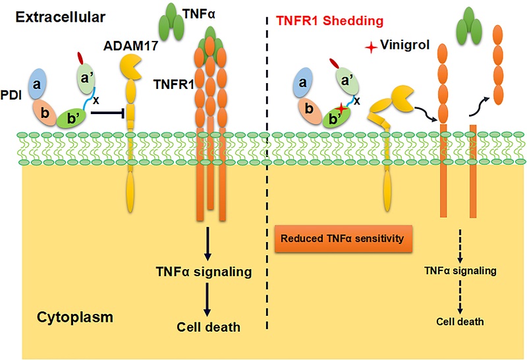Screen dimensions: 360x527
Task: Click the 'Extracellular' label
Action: click(x=53, y=14)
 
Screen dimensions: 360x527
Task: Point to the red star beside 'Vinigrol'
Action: click(x=374, y=47)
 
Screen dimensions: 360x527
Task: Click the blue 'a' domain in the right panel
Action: click(x=303, y=82)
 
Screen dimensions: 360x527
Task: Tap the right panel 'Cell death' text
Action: click(x=460, y=322)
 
